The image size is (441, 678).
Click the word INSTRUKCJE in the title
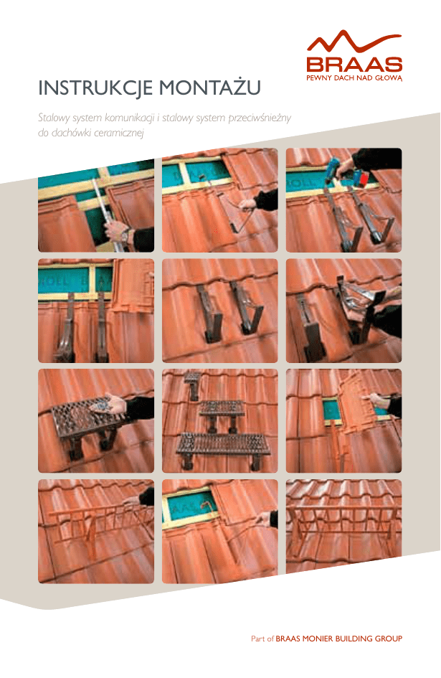click(x=95, y=88)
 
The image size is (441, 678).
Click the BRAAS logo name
click(x=354, y=65)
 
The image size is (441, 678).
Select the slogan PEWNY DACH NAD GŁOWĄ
click(x=354, y=78)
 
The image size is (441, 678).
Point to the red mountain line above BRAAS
click(x=354, y=42)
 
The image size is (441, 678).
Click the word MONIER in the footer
click(x=318, y=639)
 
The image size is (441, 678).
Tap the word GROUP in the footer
click(x=389, y=639)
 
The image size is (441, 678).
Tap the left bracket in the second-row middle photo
click(x=209, y=312)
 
